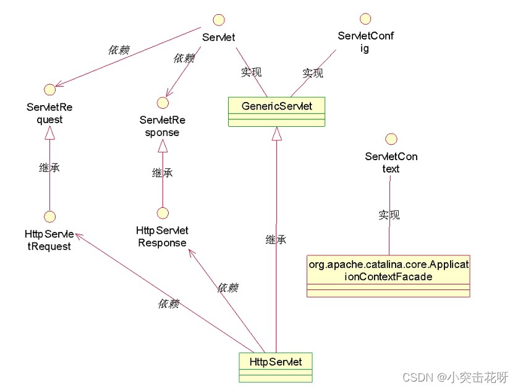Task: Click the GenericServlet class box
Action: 276,112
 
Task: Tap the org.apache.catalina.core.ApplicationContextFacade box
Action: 388,276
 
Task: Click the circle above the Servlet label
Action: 218,19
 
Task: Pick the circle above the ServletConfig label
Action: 365,18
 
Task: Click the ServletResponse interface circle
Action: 162,102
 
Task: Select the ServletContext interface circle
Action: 390,139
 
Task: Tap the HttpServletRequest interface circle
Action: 49,216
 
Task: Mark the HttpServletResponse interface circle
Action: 163,213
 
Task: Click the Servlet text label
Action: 218,37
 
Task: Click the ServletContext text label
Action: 391,163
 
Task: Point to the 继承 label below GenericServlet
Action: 276,239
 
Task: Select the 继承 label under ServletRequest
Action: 49,168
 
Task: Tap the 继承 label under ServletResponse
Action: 162,173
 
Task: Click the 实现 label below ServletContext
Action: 389,215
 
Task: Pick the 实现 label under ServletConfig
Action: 313,73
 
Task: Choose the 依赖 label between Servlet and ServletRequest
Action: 119,50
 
